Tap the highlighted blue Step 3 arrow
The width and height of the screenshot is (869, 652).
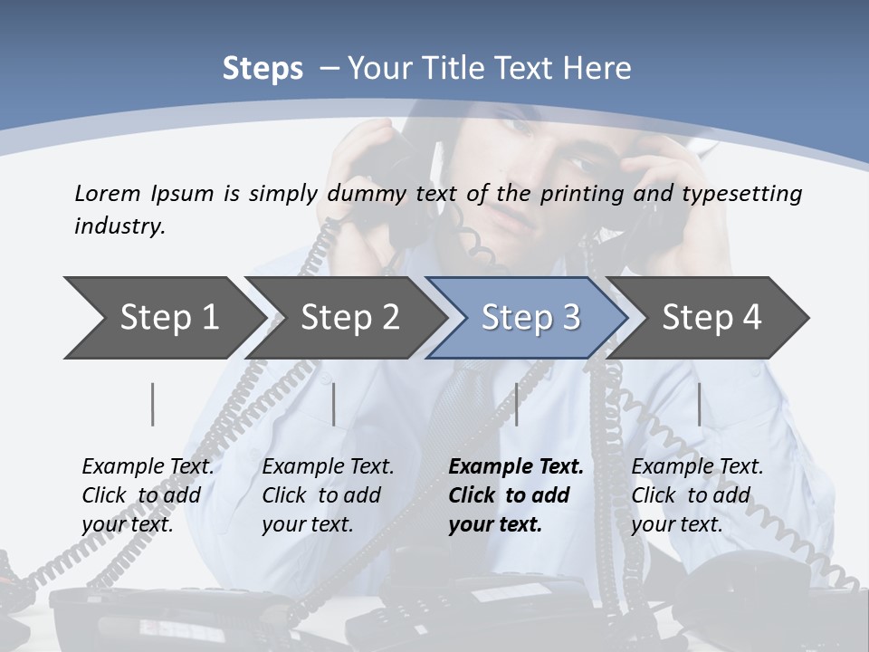tap(530, 318)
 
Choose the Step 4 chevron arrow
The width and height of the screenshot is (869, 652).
tap(711, 318)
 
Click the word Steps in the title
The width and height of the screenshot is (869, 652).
tap(263, 69)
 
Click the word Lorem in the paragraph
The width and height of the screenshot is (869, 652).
tap(107, 193)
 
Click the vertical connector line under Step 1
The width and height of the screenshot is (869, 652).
tap(153, 404)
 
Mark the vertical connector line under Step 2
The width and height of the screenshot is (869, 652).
tap(334, 404)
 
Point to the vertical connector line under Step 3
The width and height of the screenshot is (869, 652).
tap(517, 404)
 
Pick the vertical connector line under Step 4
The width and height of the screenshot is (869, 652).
tap(700, 404)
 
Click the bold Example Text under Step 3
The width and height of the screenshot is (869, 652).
tap(516, 467)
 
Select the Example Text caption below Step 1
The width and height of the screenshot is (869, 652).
tap(148, 467)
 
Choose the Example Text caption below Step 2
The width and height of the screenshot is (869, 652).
tap(328, 467)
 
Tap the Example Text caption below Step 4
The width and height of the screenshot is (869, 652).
tap(697, 467)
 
